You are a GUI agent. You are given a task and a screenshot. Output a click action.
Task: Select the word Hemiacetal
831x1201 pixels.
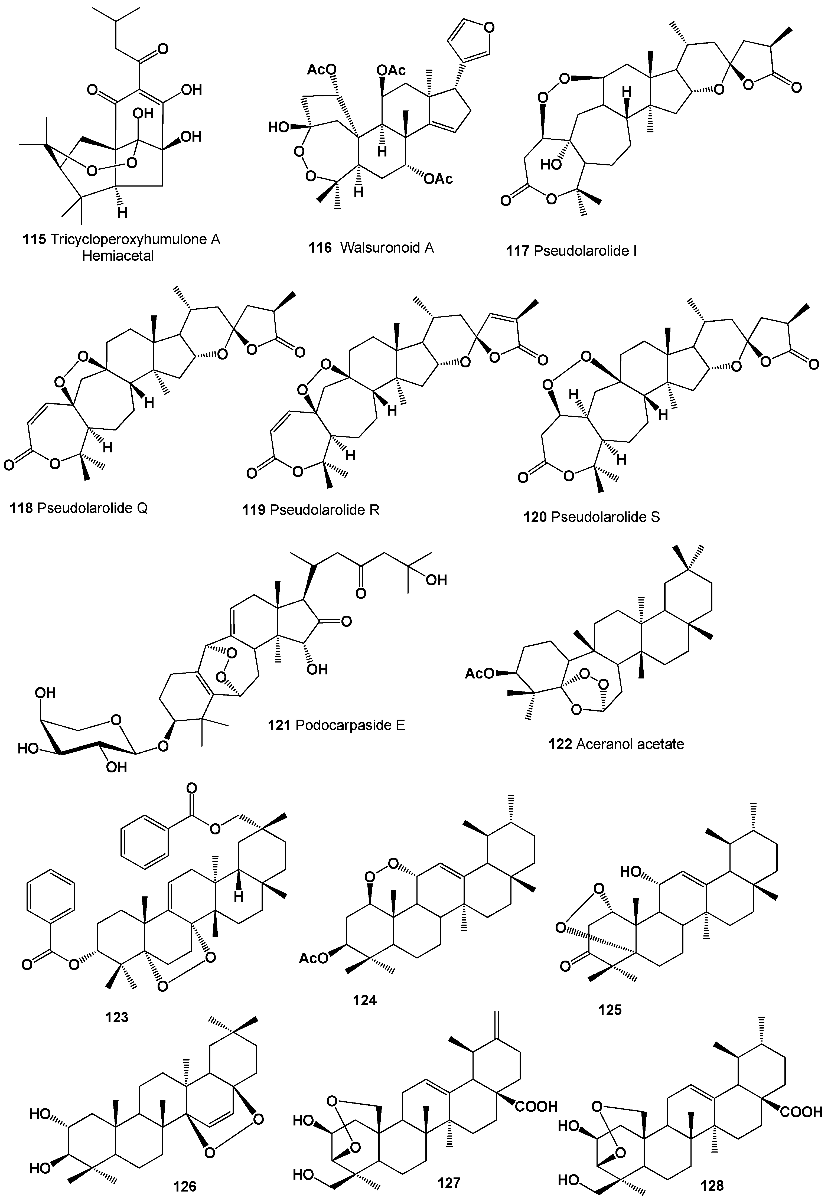pos(118,256)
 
